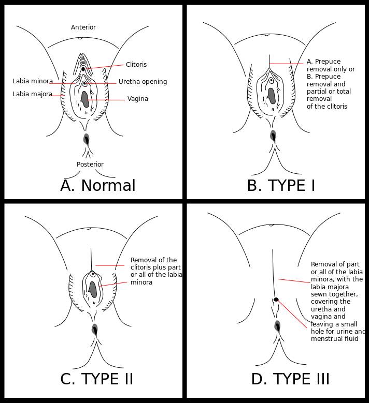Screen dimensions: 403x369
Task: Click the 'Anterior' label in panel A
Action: tap(83, 27)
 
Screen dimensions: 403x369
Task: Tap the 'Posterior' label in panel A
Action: tap(90, 165)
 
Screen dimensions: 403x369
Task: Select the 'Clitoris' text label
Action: tap(136, 65)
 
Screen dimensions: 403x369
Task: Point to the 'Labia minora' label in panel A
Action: tap(33, 81)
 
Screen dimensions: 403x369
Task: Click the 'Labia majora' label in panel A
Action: tap(32, 94)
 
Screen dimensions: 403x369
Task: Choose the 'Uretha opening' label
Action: tap(143, 82)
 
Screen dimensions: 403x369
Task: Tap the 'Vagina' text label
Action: tap(138, 99)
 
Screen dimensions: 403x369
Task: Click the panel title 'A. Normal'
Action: tap(98, 186)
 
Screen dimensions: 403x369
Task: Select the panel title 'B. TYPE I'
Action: tap(281, 186)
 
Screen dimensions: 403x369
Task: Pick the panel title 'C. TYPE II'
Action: tap(97, 379)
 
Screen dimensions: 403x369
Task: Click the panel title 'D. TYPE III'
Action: tap(290, 379)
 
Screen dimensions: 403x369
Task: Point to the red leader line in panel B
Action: tap(287, 64)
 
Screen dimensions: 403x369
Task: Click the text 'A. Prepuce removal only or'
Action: tap(331, 65)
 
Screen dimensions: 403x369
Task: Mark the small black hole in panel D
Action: tap(276, 300)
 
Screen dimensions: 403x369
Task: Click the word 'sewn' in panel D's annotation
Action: tap(319, 294)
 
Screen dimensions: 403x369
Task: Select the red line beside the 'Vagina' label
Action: tap(106, 99)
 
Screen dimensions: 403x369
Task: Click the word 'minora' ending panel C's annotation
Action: tap(141, 282)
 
